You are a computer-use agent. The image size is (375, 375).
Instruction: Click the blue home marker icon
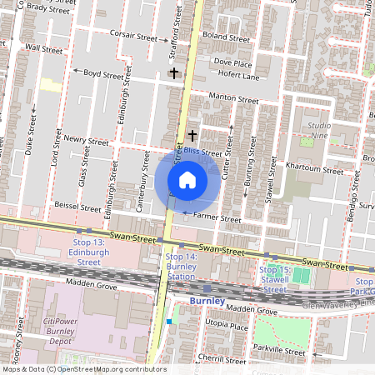click(187, 180)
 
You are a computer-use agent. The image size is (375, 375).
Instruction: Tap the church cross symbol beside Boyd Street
click(173, 73)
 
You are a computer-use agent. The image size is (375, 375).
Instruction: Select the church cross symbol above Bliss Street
click(192, 134)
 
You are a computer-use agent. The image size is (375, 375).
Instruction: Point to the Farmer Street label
click(217, 219)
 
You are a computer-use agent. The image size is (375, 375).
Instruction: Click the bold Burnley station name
click(207, 300)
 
